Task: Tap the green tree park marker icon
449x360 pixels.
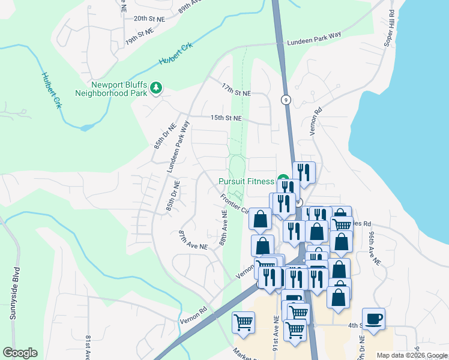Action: (156, 89)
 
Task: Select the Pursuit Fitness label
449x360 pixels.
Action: (246, 181)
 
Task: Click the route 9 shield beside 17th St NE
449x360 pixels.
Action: (286, 100)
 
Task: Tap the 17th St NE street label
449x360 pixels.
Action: (236, 90)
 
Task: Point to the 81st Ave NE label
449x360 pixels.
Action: (88, 347)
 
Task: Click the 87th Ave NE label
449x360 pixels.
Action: (193, 239)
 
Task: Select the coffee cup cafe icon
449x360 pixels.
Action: (373, 318)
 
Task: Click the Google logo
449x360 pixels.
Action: (20, 353)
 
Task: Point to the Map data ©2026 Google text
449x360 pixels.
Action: (411, 355)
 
